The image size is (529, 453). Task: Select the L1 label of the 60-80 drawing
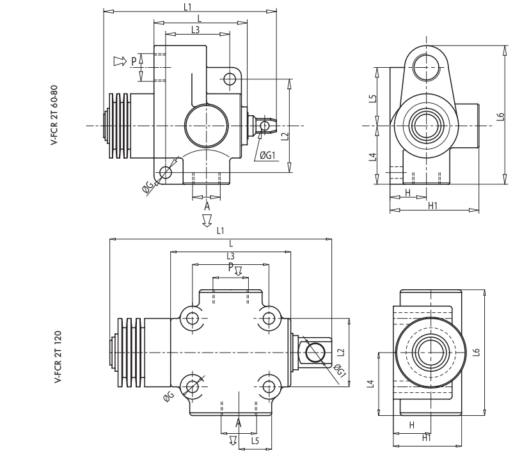click(187, 6)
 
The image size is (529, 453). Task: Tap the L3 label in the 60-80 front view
click(195, 29)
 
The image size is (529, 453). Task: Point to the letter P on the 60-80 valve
click(134, 61)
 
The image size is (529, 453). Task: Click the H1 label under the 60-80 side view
click(432, 204)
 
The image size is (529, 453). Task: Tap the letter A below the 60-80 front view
click(207, 207)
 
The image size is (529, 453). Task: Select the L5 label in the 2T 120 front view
click(255, 440)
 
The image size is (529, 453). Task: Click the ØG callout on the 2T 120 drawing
click(168, 398)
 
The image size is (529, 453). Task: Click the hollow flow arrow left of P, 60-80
click(119, 61)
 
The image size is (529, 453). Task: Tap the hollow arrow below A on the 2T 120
click(233, 440)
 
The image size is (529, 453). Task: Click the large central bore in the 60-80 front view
click(203, 125)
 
